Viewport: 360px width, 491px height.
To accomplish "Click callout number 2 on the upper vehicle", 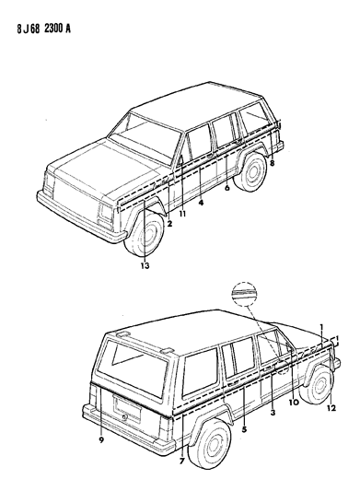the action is (x=169, y=222).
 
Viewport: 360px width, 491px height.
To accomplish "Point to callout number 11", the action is (x=182, y=215).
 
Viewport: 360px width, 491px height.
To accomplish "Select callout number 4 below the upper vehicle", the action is (x=200, y=203).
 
